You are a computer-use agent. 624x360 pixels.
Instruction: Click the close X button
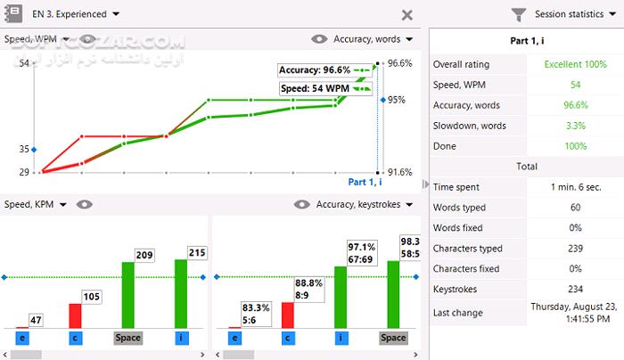point(407,15)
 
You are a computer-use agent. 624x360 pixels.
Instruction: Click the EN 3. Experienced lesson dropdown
point(75,14)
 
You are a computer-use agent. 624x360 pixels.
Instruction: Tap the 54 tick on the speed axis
point(24,63)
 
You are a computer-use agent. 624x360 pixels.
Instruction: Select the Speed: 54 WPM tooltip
point(316,89)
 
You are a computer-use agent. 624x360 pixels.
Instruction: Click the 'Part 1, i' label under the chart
point(365,182)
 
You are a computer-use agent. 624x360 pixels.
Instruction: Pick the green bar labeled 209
point(127,294)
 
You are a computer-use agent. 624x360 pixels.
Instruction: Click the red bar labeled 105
point(75,315)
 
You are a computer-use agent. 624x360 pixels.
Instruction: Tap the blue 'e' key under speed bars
point(21,338)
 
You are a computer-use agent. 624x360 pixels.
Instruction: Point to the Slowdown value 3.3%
point(575,126)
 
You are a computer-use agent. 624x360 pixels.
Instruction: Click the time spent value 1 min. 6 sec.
point(575,187)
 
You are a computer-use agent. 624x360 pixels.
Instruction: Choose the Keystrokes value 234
point(575,290)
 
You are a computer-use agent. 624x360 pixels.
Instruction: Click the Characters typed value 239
point(575,249)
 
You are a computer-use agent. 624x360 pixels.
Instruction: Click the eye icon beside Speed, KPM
point(85,205)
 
